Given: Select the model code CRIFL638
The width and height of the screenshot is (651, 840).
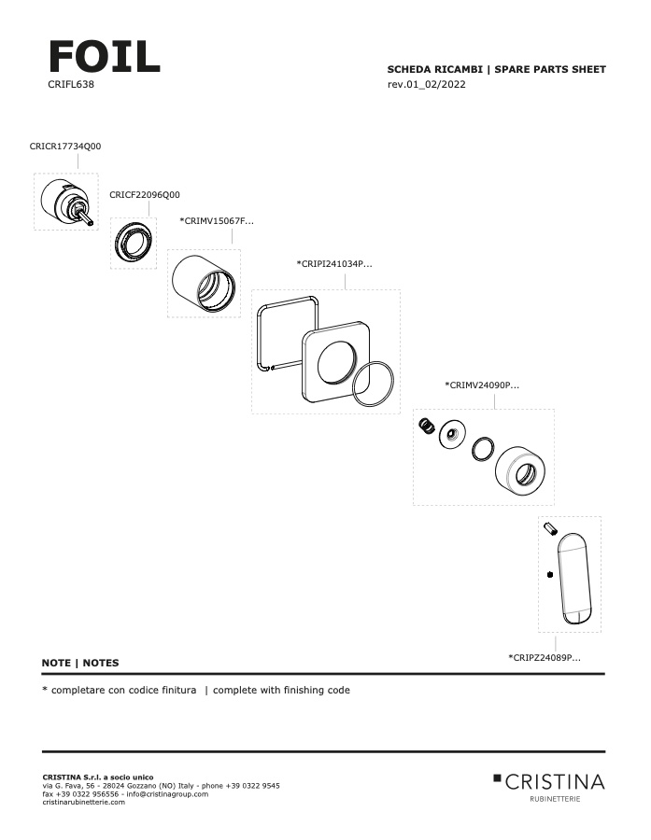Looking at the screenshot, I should click(x=70, y=84).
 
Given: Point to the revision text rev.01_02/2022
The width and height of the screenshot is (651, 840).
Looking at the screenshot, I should click(x=426, y=85).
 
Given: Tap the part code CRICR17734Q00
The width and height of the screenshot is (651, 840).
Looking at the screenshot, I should click(x=65, y=147).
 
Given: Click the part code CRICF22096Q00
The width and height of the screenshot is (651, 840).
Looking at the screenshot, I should click(x=145, y=195).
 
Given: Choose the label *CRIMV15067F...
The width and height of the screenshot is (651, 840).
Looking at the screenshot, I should click(x=217, y=221).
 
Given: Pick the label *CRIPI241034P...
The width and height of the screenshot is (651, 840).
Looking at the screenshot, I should click(x=334, y=264).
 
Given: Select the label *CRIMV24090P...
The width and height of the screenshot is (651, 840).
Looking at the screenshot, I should click(x=482, y=385).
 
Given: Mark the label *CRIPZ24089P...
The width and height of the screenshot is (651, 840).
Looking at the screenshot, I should click(x=544, y=658).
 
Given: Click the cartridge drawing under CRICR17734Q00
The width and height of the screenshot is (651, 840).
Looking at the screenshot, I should click(x=66, y=201).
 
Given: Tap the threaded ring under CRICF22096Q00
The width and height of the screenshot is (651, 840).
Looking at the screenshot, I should click(x=134, y=244).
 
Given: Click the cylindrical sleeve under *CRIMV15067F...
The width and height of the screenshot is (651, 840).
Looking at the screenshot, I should click(x=204, y=283).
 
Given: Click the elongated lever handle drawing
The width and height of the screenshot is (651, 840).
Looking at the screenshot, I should click(x=577, y=579).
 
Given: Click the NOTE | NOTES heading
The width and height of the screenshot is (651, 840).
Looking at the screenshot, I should click(x=80, y=663).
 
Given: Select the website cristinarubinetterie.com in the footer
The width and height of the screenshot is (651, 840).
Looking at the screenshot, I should click(x=84, y=802).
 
